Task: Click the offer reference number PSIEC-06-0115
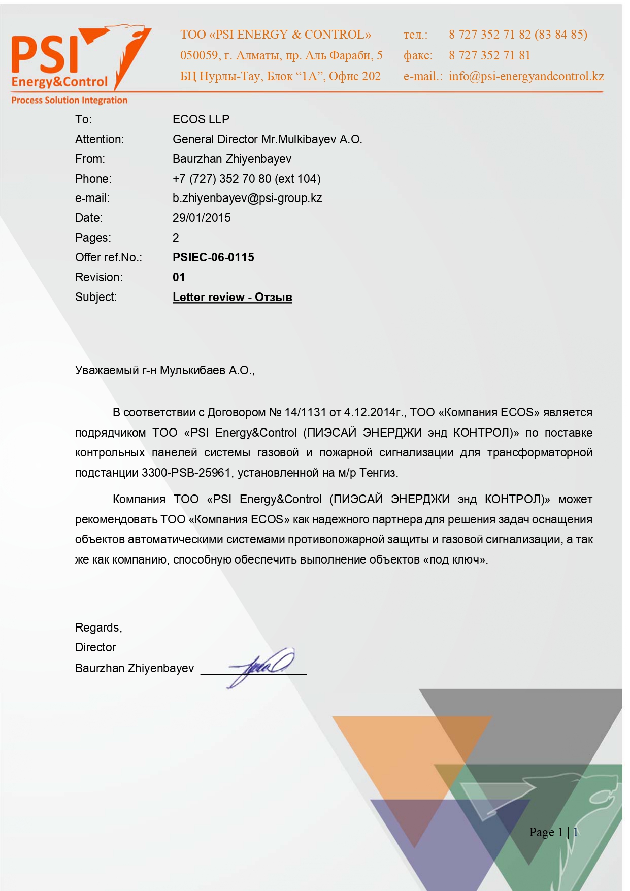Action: point(213,257)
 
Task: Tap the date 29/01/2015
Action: point(202,218)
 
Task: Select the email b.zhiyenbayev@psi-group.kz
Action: point(247,198)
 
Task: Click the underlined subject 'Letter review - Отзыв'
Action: point(232,298)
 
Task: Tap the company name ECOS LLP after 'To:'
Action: point(201,119)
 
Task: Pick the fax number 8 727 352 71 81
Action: point(489,55)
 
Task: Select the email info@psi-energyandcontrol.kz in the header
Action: point(526,76)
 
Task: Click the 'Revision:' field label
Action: point(98,277)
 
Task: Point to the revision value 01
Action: point(179,277)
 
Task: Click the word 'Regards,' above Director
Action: point(98,628)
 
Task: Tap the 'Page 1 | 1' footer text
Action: point(553,832)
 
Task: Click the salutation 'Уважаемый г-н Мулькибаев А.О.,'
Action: point(164,370)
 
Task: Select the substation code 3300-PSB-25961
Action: point(186,473)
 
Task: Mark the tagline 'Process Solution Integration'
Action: point(70,101)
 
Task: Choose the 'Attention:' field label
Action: point(99,139)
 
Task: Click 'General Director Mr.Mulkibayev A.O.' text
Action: point(267,139)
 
